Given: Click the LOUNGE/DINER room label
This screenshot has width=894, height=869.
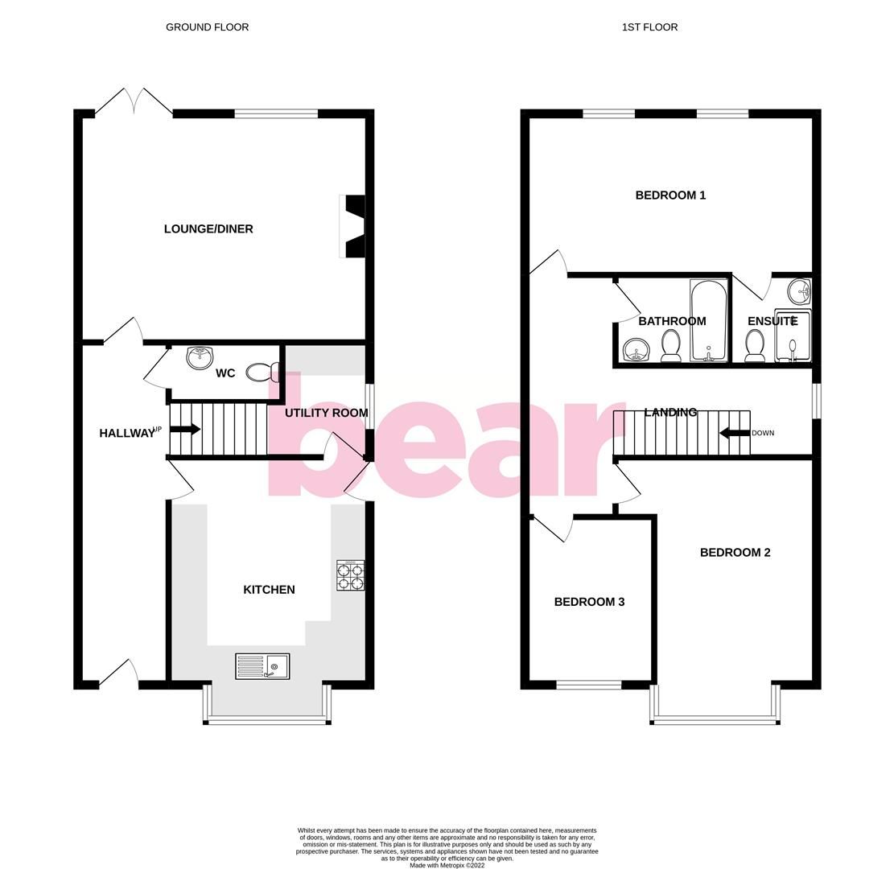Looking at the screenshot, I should (x=208, y=229).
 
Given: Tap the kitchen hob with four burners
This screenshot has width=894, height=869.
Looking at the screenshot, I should (x=350, y=576).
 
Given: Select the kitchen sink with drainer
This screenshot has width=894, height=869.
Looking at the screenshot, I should (x=262, y=666).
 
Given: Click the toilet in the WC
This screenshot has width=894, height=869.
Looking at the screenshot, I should (x=262, y=372).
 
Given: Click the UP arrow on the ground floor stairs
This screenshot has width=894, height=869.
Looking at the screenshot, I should (x=185, y=429).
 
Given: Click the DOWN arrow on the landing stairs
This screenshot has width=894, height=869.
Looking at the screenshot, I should (x=734, y=433).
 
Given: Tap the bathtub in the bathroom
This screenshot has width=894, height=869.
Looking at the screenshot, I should (x=708, y=320).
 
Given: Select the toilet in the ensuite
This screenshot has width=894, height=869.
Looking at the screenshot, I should (x=755, y=347).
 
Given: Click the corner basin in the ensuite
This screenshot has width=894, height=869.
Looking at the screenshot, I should (x=799, y=290).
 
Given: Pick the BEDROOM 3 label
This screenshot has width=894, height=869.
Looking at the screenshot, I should (x=589, y=602).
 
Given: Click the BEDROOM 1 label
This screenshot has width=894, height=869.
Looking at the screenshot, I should (x=670, y=196).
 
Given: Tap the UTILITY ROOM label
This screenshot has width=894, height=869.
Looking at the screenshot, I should (x=326, y=413).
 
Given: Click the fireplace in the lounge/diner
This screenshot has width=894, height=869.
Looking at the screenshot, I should (x=354, y=227).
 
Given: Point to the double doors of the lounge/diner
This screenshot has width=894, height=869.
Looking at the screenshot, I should (x=134, y=102).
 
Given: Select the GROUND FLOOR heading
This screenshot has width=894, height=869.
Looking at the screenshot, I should (x=207, y=27).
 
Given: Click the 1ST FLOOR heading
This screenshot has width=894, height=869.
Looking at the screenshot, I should (x=649, y=27).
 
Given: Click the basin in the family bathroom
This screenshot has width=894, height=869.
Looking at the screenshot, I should (x=637, y=350).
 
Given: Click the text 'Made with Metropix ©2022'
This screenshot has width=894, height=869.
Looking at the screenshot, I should (x=447, y=866).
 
